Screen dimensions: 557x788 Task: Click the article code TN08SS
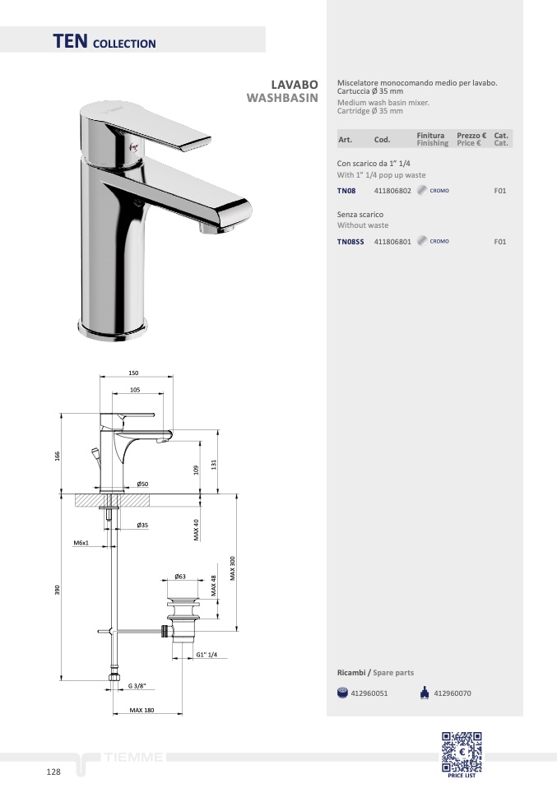pos(350,242)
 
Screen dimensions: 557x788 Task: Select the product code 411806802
pos(392,191)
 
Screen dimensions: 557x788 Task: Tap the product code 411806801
pos(392,242)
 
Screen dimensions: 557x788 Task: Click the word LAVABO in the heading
pos(295,85)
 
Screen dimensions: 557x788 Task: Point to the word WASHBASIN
pos(282,98)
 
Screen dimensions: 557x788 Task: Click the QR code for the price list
pos(462,752)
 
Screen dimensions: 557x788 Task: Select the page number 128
pos(53,772)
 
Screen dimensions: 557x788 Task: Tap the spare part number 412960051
pos(369,693)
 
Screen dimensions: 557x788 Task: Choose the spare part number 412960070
pos(453,693)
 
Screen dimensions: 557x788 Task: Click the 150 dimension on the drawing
pos(133,373)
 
